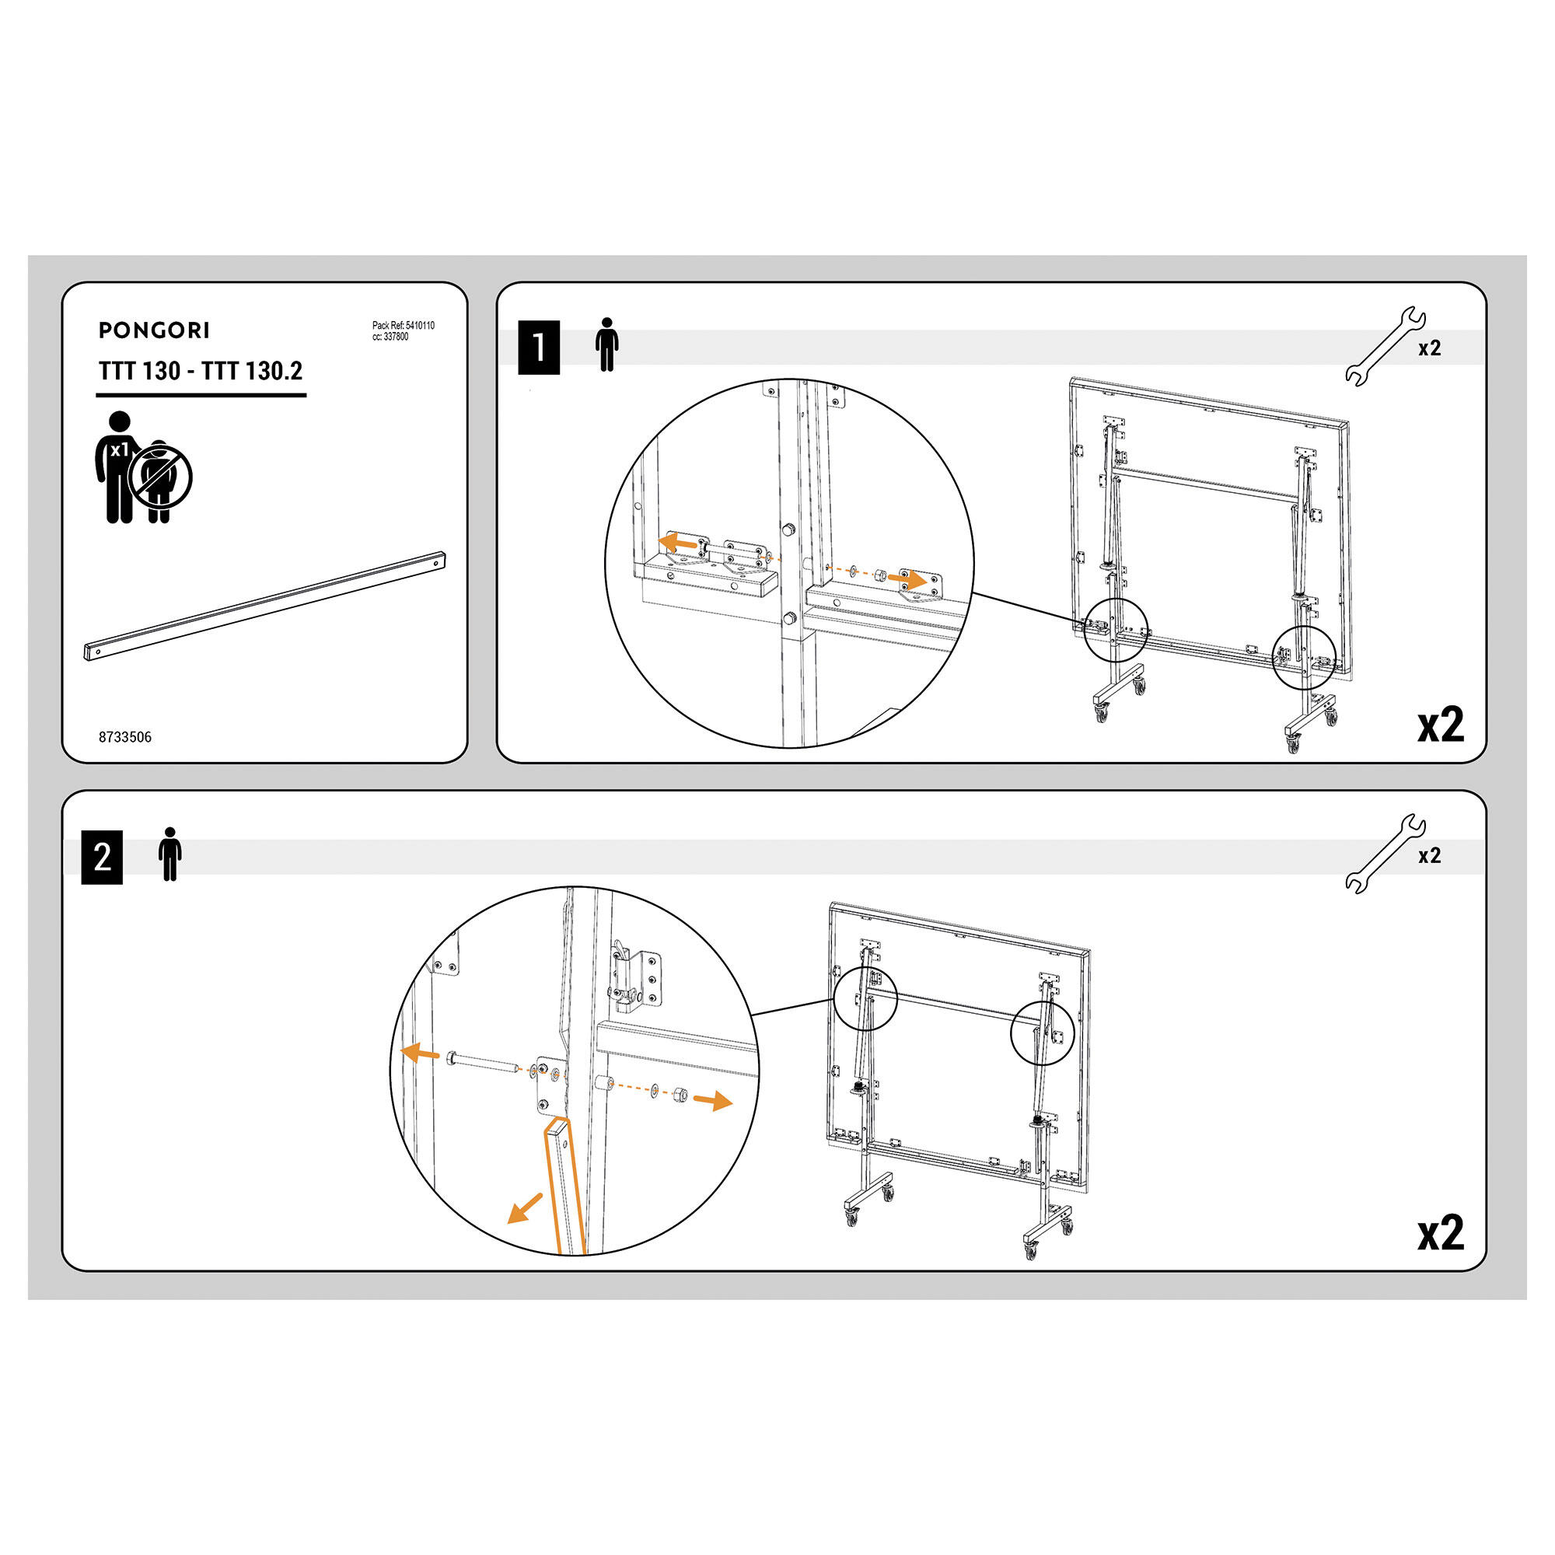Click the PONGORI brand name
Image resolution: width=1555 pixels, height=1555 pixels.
(154, 330)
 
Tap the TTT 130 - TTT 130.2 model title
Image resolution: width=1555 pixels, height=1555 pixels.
(201, 371)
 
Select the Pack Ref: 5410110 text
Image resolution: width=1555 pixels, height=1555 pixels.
(404, 326)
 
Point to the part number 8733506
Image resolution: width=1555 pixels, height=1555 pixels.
(124, 737)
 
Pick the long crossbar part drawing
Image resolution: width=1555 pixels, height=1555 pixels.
(265, 606)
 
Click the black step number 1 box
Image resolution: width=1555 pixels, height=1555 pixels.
(539, 347)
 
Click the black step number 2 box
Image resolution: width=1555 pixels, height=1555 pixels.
(102, 857)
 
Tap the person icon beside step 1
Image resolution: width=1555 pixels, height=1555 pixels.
(607, 344)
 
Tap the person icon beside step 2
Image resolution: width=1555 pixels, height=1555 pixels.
(169, 854)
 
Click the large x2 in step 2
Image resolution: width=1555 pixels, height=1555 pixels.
(1441, 1232)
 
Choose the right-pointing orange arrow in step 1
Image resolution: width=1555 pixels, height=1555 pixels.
(907, 578)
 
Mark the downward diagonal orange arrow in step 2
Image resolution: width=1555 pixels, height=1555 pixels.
(524, 1208)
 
